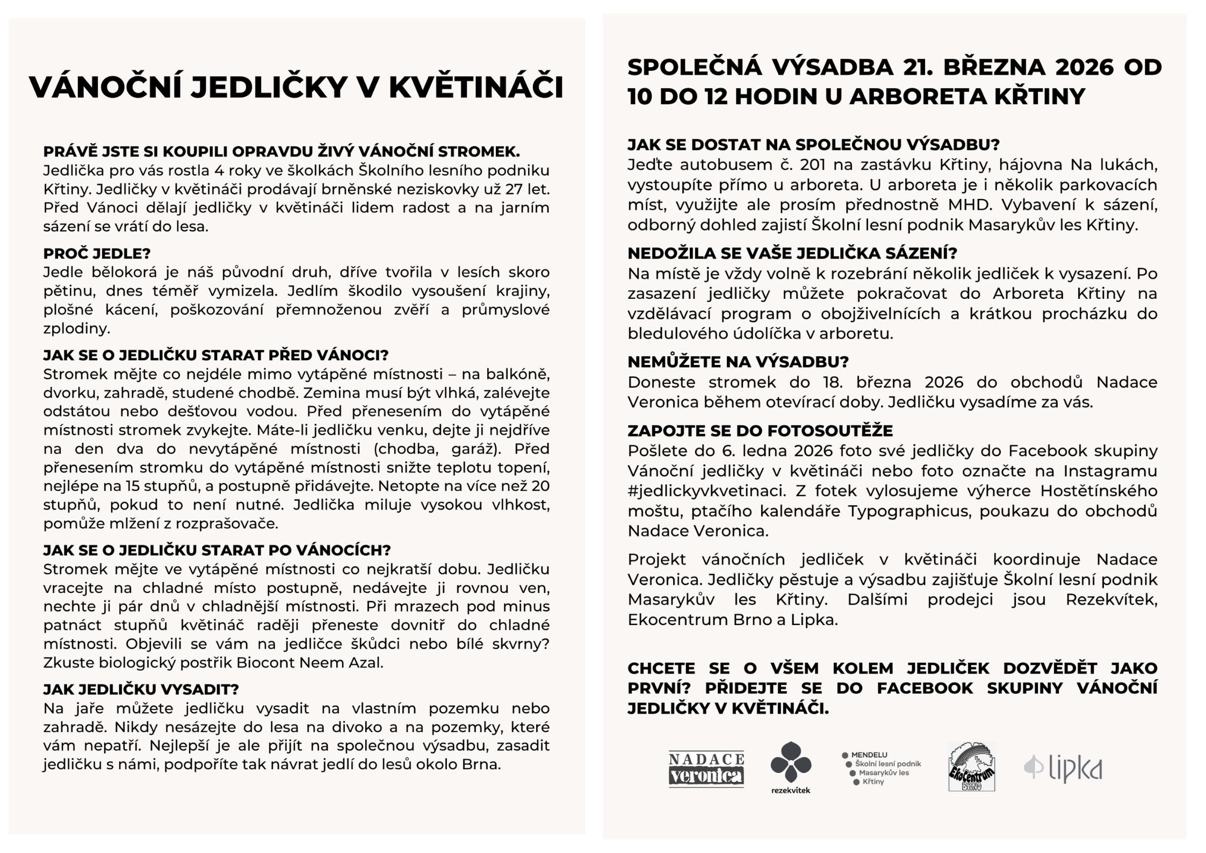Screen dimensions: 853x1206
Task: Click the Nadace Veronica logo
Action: click(x=706, y=769)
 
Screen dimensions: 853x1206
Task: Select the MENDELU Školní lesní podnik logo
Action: click(x=881, y=768)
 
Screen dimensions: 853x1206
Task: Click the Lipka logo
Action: click(x=1063, y=768)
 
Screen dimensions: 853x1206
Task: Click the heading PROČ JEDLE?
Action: click(x=97, y=253)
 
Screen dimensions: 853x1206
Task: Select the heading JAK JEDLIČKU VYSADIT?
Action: click(x=141, y=689)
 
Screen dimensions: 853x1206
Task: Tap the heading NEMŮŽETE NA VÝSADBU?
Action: click(x=738, y=362)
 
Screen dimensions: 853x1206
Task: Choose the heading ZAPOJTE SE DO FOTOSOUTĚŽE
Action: click(x=760, y=431)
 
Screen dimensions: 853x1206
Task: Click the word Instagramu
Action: click(x=1110, y=471)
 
